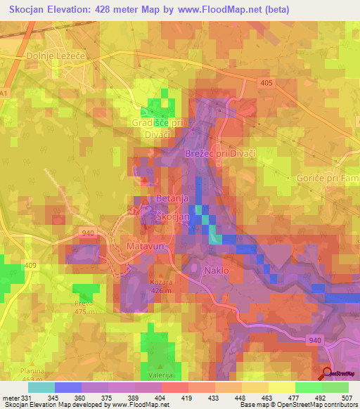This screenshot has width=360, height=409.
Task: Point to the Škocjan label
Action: tap(172, 217)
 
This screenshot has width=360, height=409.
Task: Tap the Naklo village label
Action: tap(216, 270)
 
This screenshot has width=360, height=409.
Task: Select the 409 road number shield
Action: tap(30, 265)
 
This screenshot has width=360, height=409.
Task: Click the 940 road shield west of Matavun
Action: tap(88, 233)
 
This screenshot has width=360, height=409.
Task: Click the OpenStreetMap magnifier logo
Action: tap(327, 373)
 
